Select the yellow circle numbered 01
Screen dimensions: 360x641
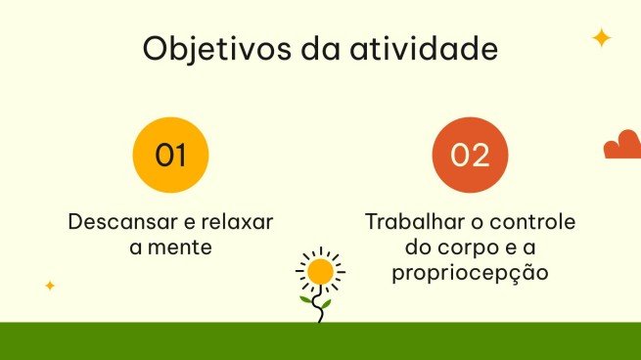(170, 155)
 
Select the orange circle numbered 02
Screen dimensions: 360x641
(470, 155)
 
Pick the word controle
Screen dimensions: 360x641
(535, 221)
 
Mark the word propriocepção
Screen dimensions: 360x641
(470, 274)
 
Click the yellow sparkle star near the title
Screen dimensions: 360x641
(601, 38)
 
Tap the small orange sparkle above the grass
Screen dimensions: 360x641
(50, 286)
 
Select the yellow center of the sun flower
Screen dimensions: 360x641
(319, 270)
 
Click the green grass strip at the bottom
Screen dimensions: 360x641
(320, 340)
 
